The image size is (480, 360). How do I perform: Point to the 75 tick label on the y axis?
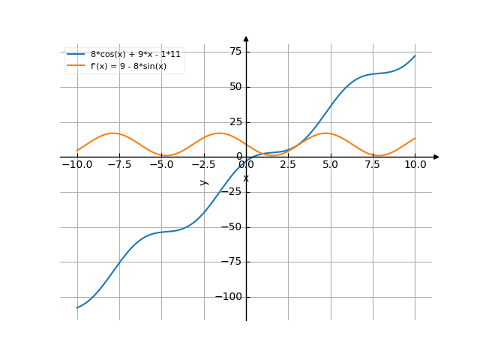[x=235, y=51]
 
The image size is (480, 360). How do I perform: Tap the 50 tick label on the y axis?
[x=235, y=86]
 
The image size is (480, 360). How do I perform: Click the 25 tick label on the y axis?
[x=235, y=121]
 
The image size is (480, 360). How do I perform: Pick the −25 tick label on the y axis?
[x=232, y=191]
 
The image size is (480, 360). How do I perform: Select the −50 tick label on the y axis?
[x=232, y=226]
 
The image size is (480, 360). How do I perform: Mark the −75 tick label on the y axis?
[x=232, y=262]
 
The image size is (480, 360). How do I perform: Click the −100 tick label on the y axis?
[x=229, y=297]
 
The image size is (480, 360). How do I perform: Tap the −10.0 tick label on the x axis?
[x=77, y=164]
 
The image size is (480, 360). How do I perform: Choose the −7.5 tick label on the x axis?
[x=119, y=164]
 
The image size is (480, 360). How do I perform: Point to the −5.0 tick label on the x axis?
[x=161, y=164]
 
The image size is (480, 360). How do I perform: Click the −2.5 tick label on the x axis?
[x=203, y=164]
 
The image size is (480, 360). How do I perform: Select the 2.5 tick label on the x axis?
[x=288, y=164]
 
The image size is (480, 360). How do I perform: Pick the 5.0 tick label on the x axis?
[x=331, y=164]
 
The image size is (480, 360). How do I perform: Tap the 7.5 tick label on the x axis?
[x=373, y=164]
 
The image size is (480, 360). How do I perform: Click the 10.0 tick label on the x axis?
[x=415, y=164]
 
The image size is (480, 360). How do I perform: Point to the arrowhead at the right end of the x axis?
[x=436, y=157]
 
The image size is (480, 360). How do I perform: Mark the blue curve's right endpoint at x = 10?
[x=415, y=55]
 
